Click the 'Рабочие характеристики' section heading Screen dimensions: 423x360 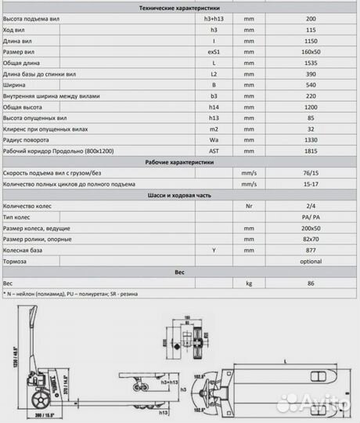click(x=179, y=162)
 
